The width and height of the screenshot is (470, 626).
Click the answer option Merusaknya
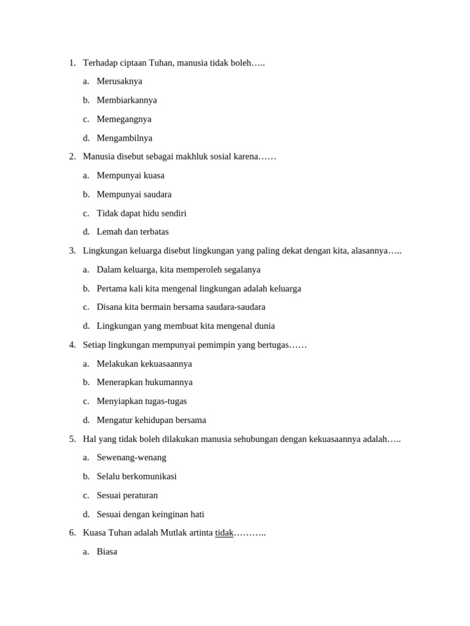(x=119, y=81)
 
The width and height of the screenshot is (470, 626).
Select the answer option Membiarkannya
(x=127, y=100)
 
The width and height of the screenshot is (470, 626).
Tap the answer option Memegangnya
(x=124, y=119)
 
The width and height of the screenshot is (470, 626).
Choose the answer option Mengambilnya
(x=124, y=138)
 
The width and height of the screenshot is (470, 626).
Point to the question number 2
(x=72, y=156)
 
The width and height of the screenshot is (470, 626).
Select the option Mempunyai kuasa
(x=130, y=175)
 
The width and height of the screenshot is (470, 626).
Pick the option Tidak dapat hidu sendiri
(x=141, y=213)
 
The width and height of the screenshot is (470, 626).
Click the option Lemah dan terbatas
(x=132, y=232)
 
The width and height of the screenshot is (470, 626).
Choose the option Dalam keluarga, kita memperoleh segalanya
(x=178, y=270)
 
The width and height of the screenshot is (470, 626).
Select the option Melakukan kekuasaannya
(x=144, y=364)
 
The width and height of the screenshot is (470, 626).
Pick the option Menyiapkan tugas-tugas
(x=141, y=401)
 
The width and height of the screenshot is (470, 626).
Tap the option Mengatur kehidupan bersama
(x=151, y=420)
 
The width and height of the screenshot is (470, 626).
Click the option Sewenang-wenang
(x=131, y=457)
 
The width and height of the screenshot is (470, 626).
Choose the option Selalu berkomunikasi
(x=136, y=476)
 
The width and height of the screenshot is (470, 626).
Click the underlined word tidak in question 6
(x=224, y=532)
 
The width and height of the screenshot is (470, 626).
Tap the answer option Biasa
(x=106, y=551)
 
